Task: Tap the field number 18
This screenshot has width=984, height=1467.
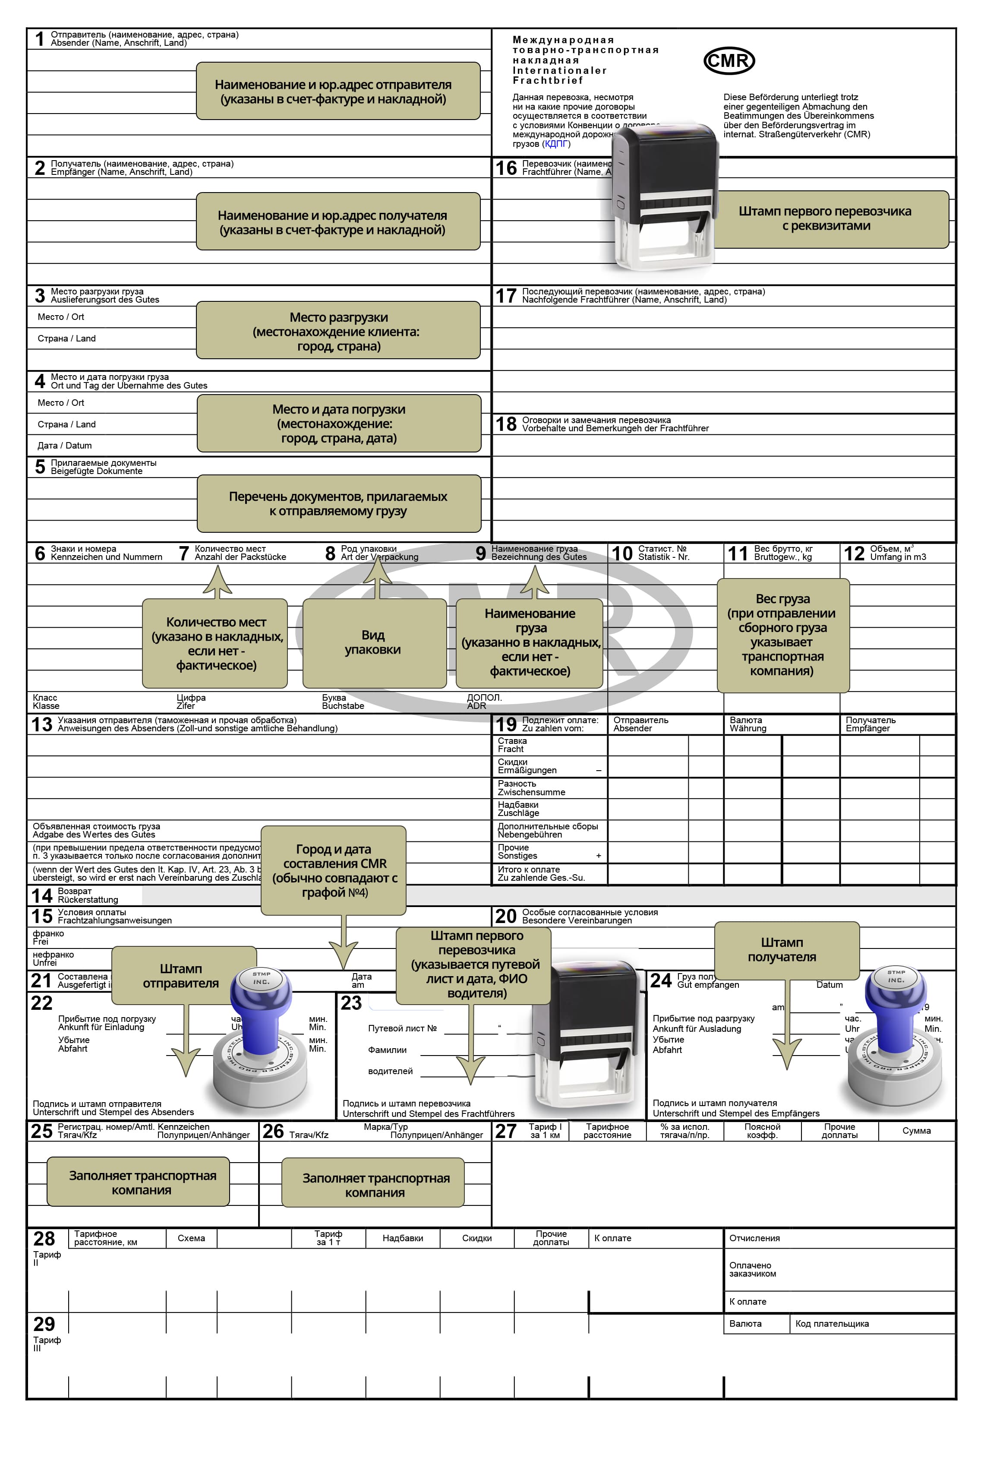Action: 506,424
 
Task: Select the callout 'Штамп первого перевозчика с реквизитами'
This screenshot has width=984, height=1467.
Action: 825,218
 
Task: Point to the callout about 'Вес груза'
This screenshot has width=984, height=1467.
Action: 782,635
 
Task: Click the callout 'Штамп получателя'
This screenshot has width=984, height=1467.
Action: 786,950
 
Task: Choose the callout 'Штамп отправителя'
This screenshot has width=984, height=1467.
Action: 183,976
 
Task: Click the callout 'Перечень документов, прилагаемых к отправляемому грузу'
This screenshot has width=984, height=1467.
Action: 338,503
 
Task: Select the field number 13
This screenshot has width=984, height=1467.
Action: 41,724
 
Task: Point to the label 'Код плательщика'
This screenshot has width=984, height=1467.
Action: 832,1324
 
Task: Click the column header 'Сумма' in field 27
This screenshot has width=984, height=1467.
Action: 916,1131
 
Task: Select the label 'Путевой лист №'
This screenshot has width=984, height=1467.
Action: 402,1028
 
